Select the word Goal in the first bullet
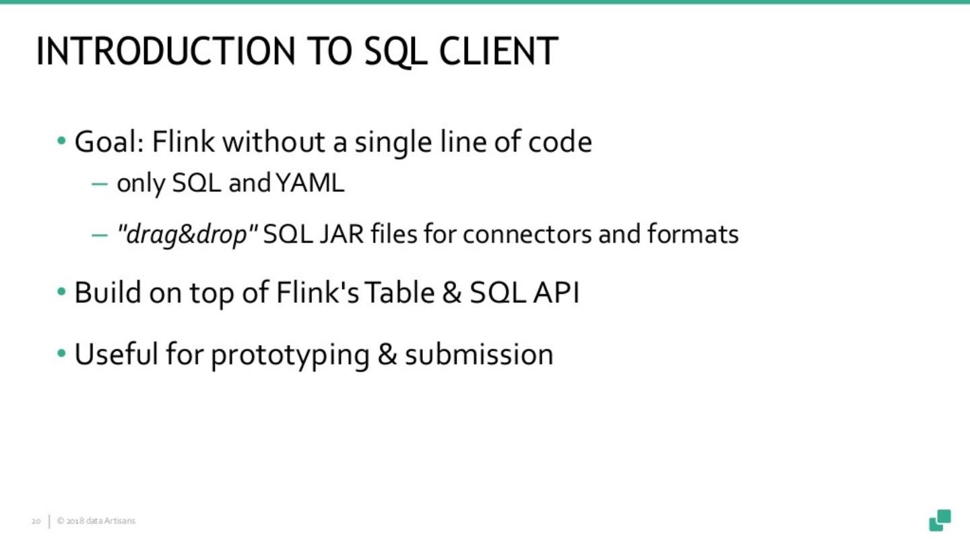(108, 142)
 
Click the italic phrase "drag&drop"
(187, 235)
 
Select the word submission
(478, 355)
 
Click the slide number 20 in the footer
(36, 521)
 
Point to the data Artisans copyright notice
(96, 521)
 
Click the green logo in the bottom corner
(940, 520)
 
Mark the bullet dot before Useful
(62, 353)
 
